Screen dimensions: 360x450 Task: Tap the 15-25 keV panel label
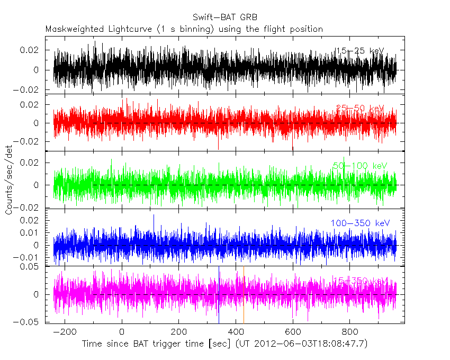(x=359, y=51)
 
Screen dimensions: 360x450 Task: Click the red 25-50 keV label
(x=360, y=109)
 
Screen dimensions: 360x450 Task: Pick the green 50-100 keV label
(x=360, y=166)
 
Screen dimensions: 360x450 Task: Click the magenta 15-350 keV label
(x=360, y=280)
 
